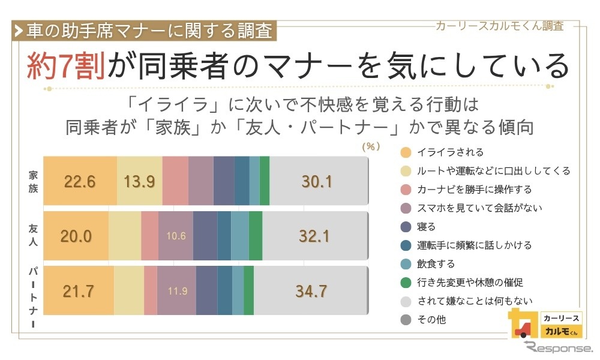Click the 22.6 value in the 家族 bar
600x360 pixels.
(x=80, y=182)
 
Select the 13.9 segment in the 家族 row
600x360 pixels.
(x=140, y=182)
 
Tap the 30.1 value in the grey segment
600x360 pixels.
(x=317, y=182)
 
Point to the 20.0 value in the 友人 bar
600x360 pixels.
(x=76, y=236)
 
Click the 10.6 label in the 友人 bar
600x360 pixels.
(x=176, y=236)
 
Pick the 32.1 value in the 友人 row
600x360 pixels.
(x=314, y=236)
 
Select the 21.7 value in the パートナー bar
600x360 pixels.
(x=79, y=292)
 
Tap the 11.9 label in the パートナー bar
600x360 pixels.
(x=178, y=292)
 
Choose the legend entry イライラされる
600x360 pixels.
(x=450, y=152)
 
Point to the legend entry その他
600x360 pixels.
(x=431, y=320)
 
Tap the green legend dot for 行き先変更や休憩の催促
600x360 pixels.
(x=406, y=283)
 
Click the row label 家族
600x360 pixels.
(x=34, y=181)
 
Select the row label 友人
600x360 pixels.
(x=34, y=236)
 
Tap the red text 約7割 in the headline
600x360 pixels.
(x=66, y=65)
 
